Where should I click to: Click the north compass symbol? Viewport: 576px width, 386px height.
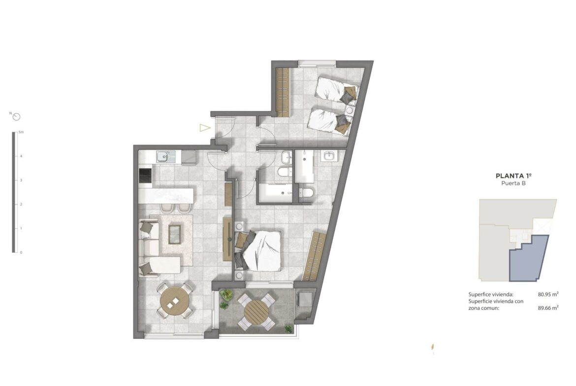coord(16,117)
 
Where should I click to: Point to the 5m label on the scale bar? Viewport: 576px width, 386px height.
coord(21,132)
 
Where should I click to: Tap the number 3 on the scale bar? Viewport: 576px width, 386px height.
coord(21,180)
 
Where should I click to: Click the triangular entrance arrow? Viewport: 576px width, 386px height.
coord(205,128)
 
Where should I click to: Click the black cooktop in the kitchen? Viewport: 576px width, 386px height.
coord(145,176)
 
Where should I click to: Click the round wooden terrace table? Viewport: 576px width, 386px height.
coord(256,312)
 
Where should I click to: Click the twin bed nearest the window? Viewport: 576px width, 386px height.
coord(338,89)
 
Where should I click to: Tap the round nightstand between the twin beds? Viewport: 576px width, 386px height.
coord(350,110)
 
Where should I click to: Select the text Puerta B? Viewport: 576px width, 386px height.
coord(513,183)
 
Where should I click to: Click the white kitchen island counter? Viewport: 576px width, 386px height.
coord(166,196)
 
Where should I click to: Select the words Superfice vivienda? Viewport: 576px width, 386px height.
coord(490,294)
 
